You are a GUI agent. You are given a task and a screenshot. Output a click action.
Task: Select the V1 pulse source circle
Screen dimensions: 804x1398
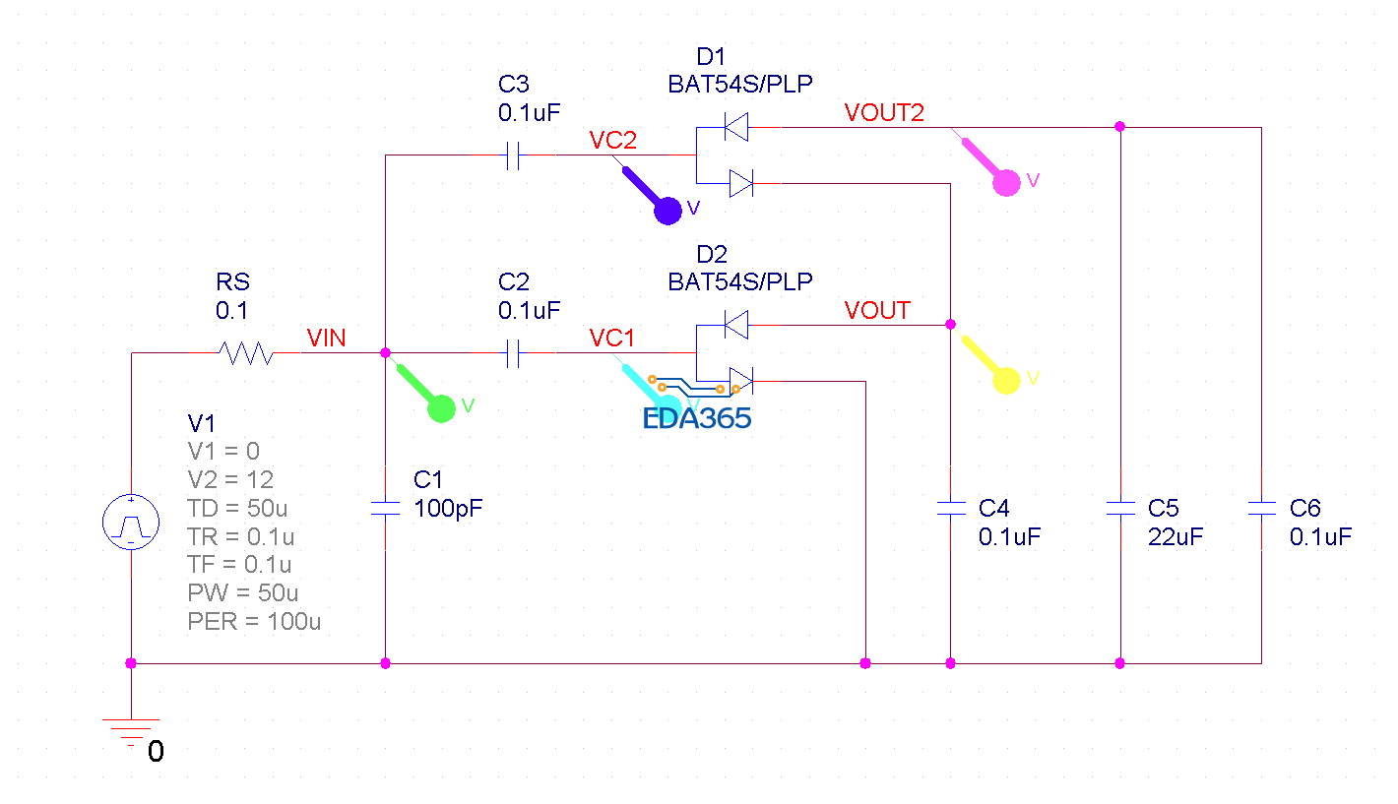click(x=131, y=523)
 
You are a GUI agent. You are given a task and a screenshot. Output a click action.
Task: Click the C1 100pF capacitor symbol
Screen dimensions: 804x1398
click(x=385, y=509)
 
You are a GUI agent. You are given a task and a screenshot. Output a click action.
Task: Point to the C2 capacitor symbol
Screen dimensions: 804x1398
click(x=512, y=353)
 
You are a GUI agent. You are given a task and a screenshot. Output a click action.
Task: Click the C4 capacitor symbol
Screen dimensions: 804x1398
click(x=950, y=509)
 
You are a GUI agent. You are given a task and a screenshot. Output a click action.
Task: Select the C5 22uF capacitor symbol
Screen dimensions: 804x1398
click(x=1119, y=509)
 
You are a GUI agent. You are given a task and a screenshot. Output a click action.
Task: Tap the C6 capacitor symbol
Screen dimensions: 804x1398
click(x=1261, y=509)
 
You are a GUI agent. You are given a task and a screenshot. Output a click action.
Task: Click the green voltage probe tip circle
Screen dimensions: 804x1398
click(x=441, y=408)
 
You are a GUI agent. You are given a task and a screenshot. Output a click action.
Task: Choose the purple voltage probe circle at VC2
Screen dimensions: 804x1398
click(x=668, y=211)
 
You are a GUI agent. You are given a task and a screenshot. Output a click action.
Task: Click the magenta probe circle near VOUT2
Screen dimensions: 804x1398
click(x=1006, y=183)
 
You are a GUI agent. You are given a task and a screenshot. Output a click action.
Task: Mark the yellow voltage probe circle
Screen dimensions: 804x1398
click(x=1006, y=381)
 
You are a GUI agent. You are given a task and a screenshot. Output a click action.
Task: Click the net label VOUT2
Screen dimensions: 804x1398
click(x=884, y=112)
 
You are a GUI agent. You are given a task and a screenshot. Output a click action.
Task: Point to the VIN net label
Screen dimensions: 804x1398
click(x=326, y=339)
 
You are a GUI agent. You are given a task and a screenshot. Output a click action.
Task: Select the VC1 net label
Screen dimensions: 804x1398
click(x=612, y=339)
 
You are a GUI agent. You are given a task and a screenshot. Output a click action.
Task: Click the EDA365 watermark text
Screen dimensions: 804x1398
click(x=697, y=418)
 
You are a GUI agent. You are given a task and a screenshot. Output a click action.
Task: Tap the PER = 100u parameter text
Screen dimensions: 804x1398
click(x=254, y=621)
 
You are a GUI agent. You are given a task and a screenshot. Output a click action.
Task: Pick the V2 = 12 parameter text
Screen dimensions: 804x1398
click(x=230, y=479)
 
